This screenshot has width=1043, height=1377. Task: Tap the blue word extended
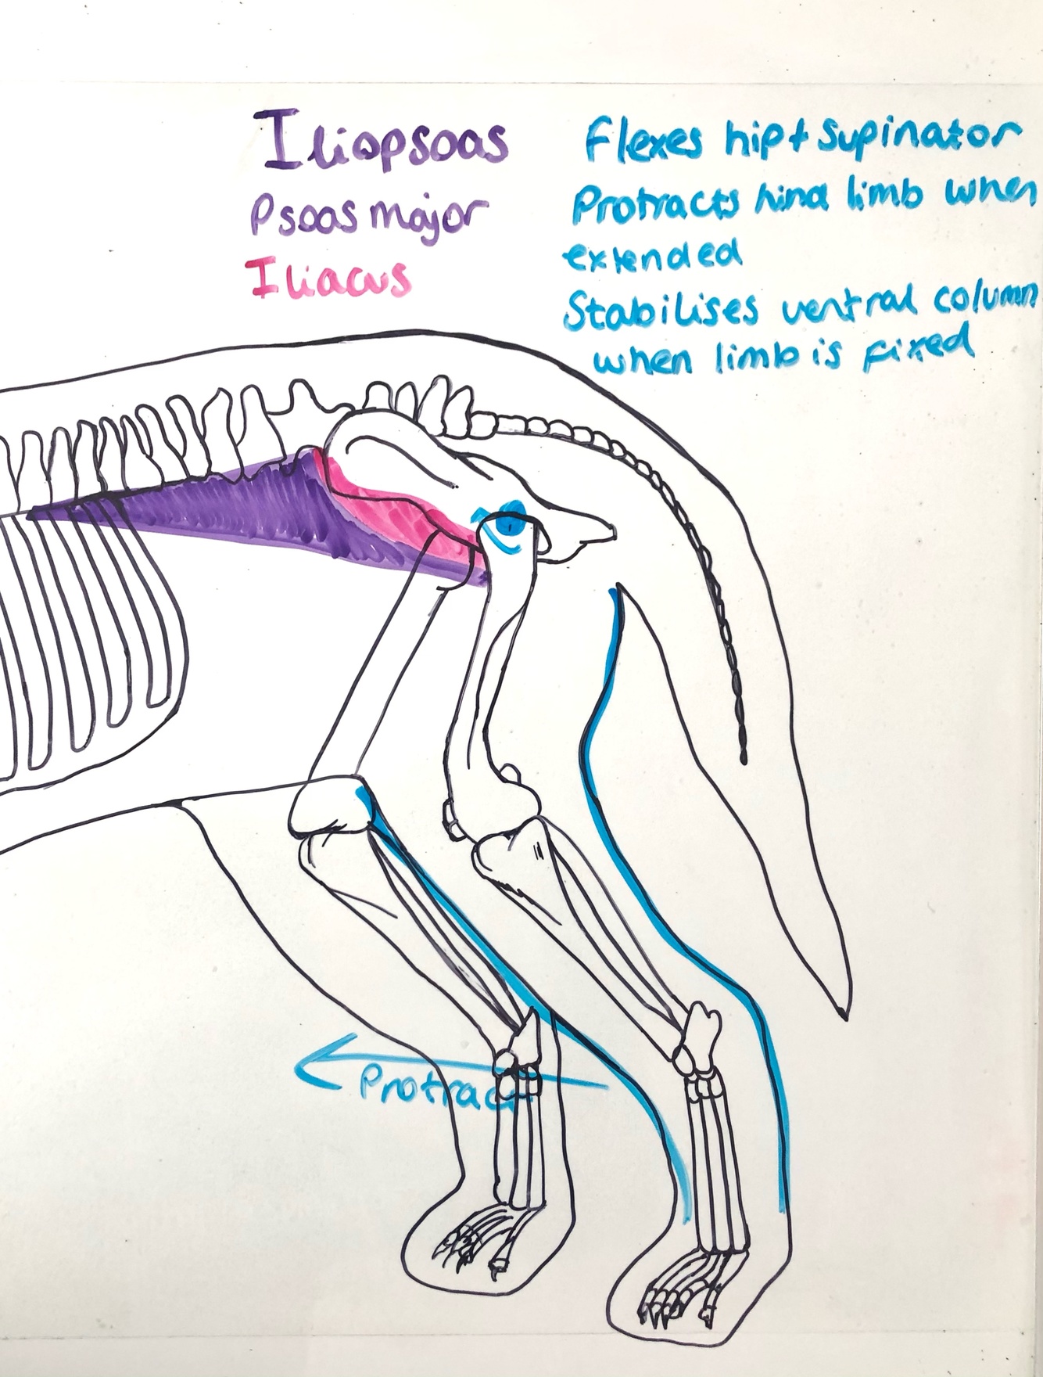[x=651, y=256]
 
